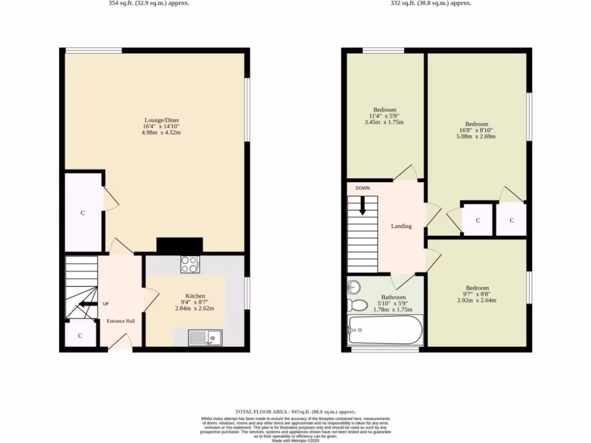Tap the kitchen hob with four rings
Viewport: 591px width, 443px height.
click(190, 264)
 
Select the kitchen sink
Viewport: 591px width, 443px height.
click(205, 337)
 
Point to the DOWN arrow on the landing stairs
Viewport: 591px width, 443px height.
click(362, 206)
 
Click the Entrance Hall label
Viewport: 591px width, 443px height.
click(121, 321)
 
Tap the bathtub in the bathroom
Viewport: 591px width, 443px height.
click(385, 331)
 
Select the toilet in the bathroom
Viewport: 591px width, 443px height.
click(357, 305)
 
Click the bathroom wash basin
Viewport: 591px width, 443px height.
click(354, 287)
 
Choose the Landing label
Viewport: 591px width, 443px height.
click(401, 226)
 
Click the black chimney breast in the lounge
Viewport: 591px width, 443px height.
click(179, 246)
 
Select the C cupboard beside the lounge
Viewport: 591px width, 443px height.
click(83, 213)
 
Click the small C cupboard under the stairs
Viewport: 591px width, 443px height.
click(80, 335)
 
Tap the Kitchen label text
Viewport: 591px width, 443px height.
click(195, 296)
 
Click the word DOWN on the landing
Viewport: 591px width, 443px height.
click(362, 188)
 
